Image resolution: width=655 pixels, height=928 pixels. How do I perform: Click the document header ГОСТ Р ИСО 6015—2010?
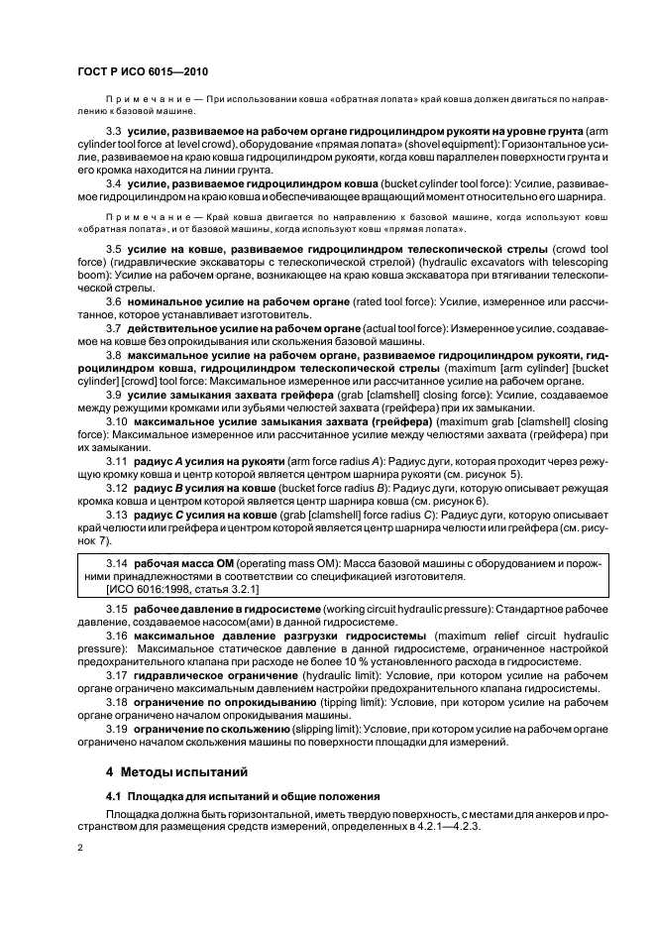coord(142,72)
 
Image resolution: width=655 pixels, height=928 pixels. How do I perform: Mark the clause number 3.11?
coord(117,461)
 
